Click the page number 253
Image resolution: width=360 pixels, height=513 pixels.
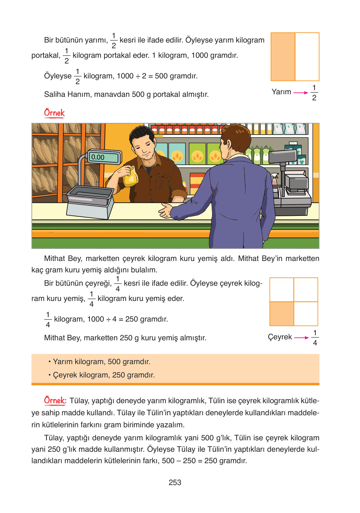pyautogui.click(x=175, y=483)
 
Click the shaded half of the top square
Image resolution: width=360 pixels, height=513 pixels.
pyautogui.click(x=283, y=57)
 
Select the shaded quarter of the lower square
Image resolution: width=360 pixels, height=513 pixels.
pyautogui.click(x=282, y=314)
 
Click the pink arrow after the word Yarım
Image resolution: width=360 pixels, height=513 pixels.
pyautogui.click(x=300, y=93)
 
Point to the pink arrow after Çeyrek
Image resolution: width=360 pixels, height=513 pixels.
pyautogui.click(x=301, y=338)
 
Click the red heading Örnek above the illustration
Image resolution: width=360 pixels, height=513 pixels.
pyautogui.click(x=54, y=113)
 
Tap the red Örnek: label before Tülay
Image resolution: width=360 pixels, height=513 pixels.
pyautogui.click(x=55, y=401)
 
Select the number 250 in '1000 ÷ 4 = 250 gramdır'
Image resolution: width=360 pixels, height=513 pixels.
pyautogui.click(x=132, y=319)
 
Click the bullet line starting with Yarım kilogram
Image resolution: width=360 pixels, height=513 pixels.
pyautogui.click(x=102, y=362)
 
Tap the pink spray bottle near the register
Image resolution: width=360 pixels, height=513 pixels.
pyautogui.click(x=274, y=181)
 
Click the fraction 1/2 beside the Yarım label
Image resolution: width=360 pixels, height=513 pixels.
pyautogui.click(x=314, y=93)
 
